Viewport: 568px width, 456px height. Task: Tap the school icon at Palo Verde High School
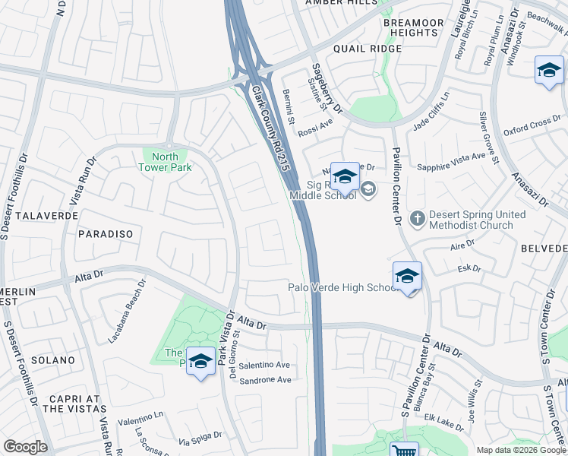[407, 276]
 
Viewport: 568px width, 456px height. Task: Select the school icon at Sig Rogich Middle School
[344, 178]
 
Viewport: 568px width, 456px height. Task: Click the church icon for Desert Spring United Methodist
[417, 220]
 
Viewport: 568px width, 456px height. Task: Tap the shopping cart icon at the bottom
[403, 451]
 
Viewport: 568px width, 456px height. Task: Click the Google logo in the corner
[26, 447]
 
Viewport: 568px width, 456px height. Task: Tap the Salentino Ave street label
[265, 365]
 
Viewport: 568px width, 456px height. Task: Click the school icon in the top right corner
[548, 71]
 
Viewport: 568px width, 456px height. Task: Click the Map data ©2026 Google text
[521, 450]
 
